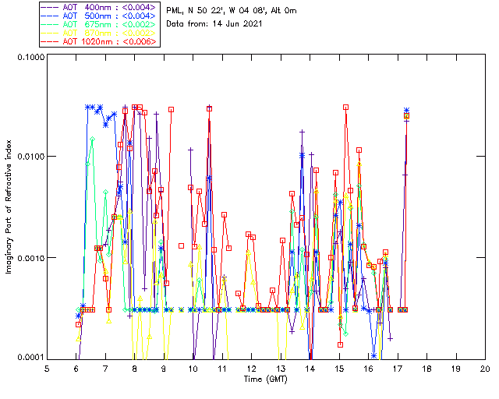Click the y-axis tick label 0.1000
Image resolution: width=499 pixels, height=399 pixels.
pyautogui.click(x=29, y=56)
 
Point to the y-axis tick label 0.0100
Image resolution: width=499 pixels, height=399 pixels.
pyautogui.click(x=29, y=157)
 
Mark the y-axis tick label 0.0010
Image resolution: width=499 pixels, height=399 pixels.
pyautogui.click(x=29, y=258)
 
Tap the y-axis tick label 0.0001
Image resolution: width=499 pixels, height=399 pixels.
pyautogui.click(x=29, y=358)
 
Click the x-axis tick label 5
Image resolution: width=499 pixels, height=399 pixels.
pyautogui.click(x=48, y=369)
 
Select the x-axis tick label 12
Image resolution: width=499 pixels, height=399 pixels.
pyautogui.click(x=251, y=369)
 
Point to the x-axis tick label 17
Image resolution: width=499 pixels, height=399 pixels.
pyautogui.click(x=398, y=369)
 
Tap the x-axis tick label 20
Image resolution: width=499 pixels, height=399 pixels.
pyautogui.click(x=485, y=369)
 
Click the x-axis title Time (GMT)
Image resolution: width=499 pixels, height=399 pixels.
pyautogui.click(x=266, y=380)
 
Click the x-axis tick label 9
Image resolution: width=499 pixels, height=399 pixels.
pyautogui.click(x=164, y=369)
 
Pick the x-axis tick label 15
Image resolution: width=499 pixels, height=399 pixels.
pyautogui.click(x=339, y=369)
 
